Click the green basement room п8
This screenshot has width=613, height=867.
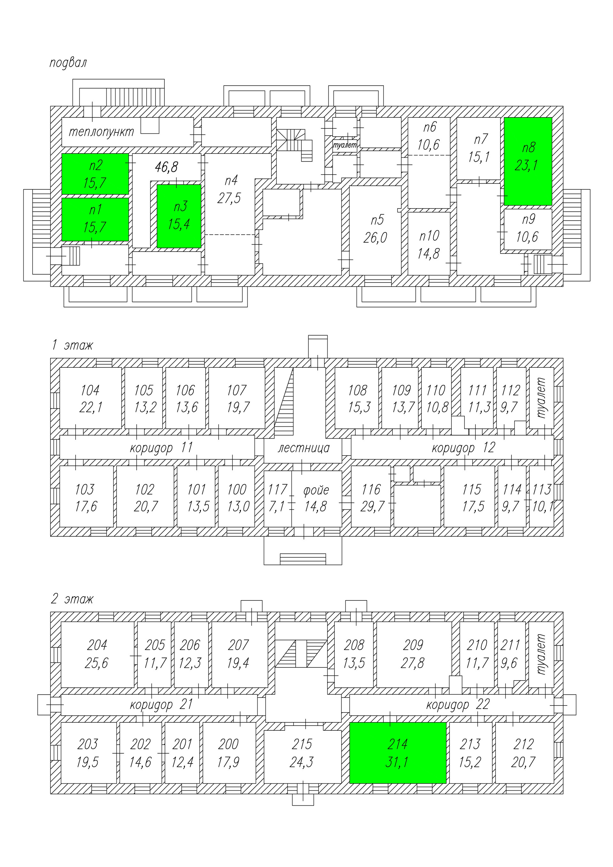tap(528, 161)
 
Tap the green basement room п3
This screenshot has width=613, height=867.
tap(179, 216)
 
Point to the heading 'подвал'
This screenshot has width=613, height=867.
tap(68, 63)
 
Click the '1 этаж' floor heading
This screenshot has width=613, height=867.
tap(72, 345)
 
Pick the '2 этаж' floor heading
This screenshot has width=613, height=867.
tap(72, 599)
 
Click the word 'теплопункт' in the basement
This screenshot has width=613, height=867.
tap(101, 132)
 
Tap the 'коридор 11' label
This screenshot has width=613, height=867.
tap(161, 448)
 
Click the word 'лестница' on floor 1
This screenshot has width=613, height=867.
tap(304, 448)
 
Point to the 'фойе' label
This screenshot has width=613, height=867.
tap(316, 491)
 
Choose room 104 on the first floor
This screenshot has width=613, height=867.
tap(90, 398)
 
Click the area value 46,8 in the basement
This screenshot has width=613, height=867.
tap(166, 167)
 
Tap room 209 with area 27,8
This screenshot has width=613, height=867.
tap(413, 654)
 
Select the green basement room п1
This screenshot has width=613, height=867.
tap(95, 219)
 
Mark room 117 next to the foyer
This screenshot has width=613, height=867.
tap(277, 498)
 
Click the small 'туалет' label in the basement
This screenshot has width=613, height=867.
tap(345, 145)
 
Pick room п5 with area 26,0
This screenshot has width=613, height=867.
tap(376, 229)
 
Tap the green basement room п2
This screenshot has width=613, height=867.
tap(95, 174)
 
